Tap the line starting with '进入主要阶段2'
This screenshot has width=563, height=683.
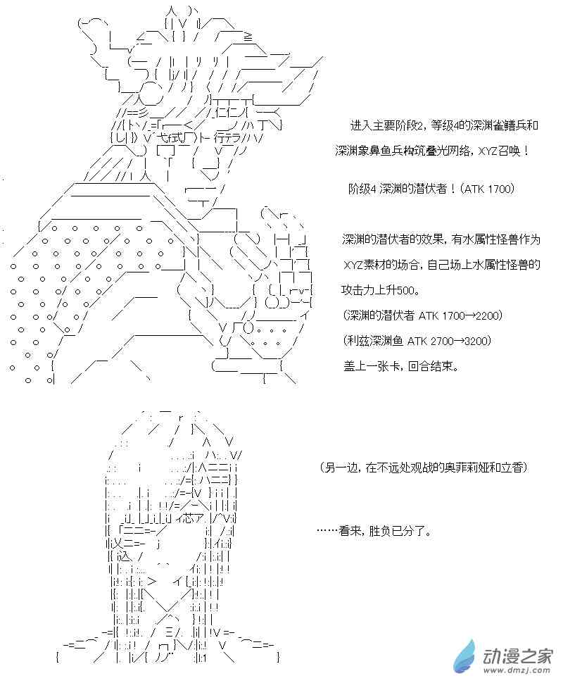coord(444,127)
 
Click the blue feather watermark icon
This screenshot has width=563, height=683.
coord(466,658)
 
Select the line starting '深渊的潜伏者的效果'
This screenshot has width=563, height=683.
coord(441,240)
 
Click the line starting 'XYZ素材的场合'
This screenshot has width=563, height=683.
coord(441,265)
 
